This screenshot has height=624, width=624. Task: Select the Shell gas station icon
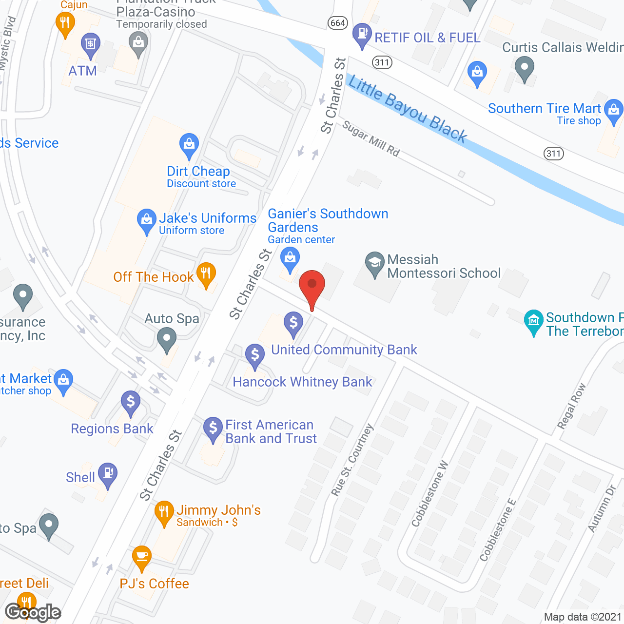(x=108, y=474)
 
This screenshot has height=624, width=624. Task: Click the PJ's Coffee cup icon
(x=141, y=557)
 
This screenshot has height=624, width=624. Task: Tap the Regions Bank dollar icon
(x=131, y=403)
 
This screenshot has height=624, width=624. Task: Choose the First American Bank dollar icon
(x=213, y=429)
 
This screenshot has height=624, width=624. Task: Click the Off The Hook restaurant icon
(x=206, y=274)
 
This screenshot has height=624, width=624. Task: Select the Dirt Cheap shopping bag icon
(x=189, y=145)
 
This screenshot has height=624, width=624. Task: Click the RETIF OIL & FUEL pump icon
(x=362, y=34)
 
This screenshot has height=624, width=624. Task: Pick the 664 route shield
(x=337, y=23)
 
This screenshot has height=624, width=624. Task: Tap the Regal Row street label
(x=572, y=406)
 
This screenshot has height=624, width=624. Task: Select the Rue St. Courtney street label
(x=352, y=460)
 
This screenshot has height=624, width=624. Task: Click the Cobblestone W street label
(x=429, y=494)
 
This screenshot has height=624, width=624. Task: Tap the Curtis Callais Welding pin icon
(x=524, y=68)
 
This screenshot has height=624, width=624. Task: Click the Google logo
(x=33, y=612)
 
